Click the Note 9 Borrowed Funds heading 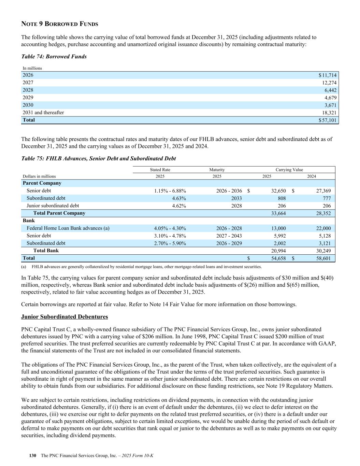[x=60, y=24]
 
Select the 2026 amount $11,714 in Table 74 [x=328, y=75]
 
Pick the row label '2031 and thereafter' [x=43, y=113]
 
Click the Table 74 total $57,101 [x=328, y=120]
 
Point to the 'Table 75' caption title [x=99, y=158]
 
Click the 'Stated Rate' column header [x=160, y=170]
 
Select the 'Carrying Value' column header [x=289, y=170]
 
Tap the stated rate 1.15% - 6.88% [x=170, y=191]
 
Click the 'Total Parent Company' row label [x=59, y=213]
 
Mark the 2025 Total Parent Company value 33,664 [x=278, y=213]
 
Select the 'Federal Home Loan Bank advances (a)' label [x=68, y=228]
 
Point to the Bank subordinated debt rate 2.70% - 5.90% [x=170, y=243]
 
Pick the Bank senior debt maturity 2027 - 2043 [x=229, y=236]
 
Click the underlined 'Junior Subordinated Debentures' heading [x=64, y=317]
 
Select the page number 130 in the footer [x=33, y=456]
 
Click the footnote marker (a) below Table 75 [x=24, y=267]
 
